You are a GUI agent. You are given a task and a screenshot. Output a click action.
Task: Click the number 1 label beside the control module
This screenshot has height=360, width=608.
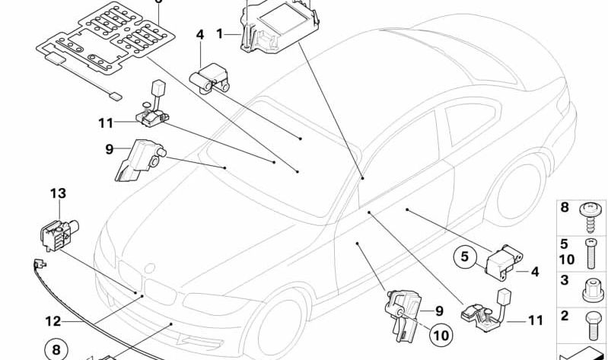[220, 33]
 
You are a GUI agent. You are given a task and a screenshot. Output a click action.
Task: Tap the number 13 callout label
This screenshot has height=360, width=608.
[59, 193]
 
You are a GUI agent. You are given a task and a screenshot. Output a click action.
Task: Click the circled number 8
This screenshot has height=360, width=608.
[55, 351]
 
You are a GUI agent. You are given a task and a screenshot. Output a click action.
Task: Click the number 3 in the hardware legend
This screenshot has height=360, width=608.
[564, 281]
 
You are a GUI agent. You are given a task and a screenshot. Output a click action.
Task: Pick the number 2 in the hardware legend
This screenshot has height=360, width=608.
[564, 316]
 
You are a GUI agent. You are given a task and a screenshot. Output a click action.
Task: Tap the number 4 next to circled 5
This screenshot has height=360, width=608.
[534, 270]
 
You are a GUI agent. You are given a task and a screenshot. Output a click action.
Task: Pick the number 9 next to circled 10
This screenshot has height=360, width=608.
[438, 311]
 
